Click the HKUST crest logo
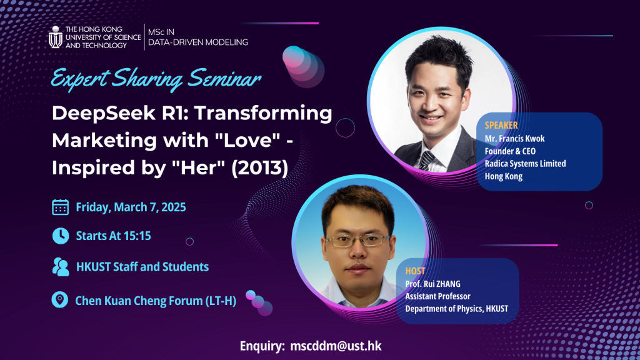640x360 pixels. click(x=56, y=37)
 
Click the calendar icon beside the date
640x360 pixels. click(x=61, y=207)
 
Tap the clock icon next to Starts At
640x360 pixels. click(x=61, y=236)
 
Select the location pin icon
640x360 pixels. click(x=59, y=299)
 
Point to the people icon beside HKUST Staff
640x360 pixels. click(x=61, y=267)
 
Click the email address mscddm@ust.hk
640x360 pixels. click(x=336, y=346)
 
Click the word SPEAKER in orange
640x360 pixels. click(x=501, y=125)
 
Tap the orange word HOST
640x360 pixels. click(x=415, y=271)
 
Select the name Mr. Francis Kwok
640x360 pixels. click(x=515, y=139)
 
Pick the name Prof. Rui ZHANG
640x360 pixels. click(x=432, y=284)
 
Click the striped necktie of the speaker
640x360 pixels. click(x=427, y=160)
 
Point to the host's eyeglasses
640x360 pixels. click(x=357, y=241)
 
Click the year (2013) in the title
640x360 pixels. click(x=260, y=167)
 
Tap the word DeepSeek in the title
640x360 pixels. click(x=104, y=114)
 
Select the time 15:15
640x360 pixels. click(x=137, y=236)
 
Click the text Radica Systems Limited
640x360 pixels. click(x=525, y=164)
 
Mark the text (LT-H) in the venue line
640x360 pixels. click(x=221, y=301)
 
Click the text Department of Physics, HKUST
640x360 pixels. click(x=457, y=309)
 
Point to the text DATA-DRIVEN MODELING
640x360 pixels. click(x=198, y=42)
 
